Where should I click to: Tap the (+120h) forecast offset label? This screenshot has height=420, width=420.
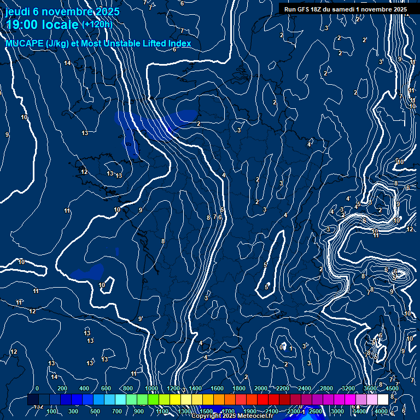pyautogui.click(x=97, y=24)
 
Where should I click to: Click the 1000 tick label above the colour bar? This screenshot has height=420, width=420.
pyautogui.click(x=151, y=388)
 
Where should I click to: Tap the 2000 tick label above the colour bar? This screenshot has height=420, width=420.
pyautogui.click(x=260, y=388)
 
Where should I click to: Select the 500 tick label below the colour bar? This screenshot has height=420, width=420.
pyautogui.click(x=95, y=411)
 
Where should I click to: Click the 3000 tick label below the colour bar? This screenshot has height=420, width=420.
pyautogui.click(x=337, y=411)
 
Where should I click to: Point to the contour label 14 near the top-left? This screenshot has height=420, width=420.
pyautogui.click(x=67, y=63)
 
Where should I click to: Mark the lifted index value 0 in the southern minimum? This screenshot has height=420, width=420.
pyautogui.click(x=282, y=347)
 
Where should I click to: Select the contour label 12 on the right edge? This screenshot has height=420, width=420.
pyautogui.click(x=410, y=229)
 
